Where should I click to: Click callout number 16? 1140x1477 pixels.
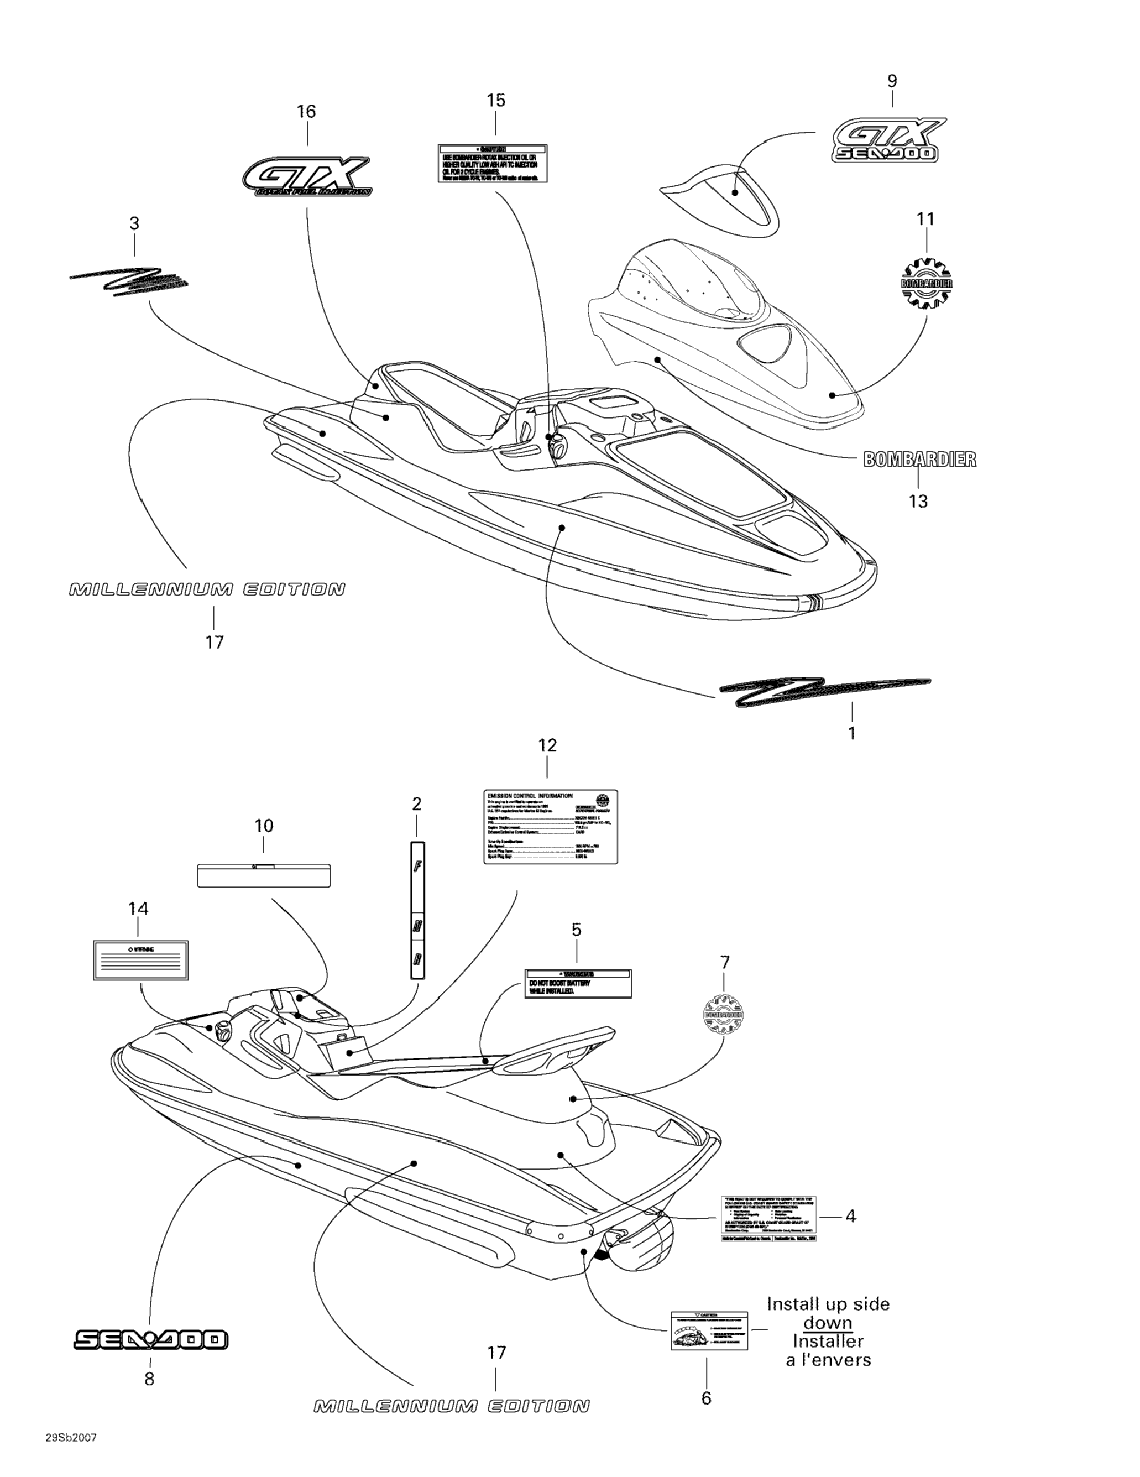coord(306,112)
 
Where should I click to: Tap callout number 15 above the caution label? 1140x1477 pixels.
coord(495,101)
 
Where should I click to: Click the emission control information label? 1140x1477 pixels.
coord(551,826)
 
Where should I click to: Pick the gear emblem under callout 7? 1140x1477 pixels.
coord(724,1015)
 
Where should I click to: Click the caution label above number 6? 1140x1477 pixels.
coord(709,1330)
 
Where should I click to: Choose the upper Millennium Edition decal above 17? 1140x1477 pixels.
coord(207,589)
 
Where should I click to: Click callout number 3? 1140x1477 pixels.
coord(134,223)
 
